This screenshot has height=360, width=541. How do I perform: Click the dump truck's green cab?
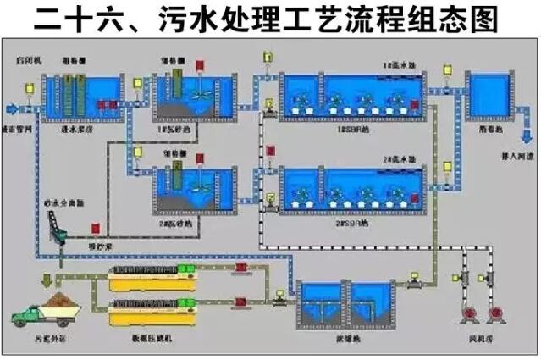point(23,319)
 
